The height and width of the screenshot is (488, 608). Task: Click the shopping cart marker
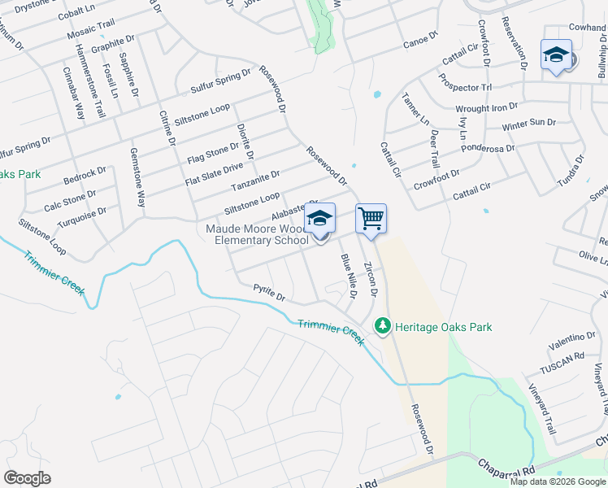click(x=371, y=219)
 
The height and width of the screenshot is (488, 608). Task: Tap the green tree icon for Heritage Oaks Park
click(x=383, y=326)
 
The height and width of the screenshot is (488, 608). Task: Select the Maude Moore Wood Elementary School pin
click(x=320, y=220)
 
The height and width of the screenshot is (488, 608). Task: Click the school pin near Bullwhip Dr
click(x=556, y=55)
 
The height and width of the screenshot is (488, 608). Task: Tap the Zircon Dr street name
click(x=371, y=280)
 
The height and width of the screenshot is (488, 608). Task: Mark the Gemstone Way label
click(x=139, y=177)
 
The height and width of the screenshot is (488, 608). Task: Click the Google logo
click(x=27, y=478)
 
